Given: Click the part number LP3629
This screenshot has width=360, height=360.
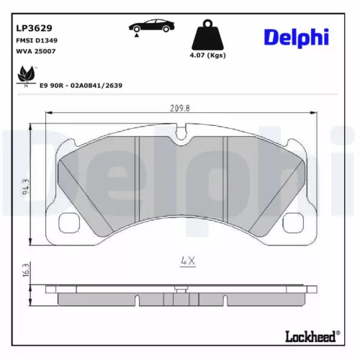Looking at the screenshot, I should (x=35, y=28).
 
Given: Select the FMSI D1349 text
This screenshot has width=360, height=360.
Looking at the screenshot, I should (x=36, y=41).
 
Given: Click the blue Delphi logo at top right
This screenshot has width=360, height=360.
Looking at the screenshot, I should (x=295, y=37).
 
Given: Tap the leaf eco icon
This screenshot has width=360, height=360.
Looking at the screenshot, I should (x=27, y=73).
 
